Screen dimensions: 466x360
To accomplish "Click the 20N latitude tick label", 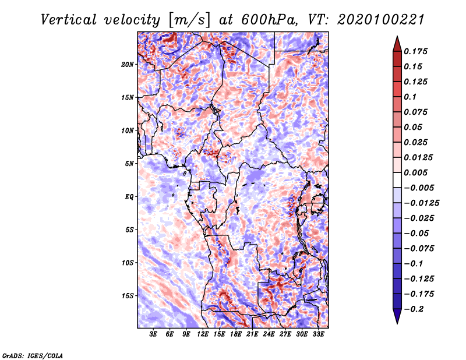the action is pos(128,65).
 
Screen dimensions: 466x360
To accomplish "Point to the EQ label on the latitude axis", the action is pos(129,197).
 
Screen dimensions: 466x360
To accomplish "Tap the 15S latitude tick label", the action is pos(128,296).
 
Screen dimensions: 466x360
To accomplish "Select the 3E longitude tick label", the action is pos(153,334).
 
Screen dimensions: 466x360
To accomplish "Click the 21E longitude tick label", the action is pos(252,334).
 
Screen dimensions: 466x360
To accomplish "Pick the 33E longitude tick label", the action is pos(318,334).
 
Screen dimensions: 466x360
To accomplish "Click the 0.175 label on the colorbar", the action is pos(415,51).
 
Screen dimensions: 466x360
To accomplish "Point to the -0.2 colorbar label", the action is pos(413,309).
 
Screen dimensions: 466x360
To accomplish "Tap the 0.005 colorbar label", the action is pos(415,172).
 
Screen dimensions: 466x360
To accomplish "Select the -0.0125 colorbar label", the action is pos(421,203).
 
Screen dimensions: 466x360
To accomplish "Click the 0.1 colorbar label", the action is pos(410,97).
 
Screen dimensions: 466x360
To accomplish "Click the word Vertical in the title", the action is pos(69,20).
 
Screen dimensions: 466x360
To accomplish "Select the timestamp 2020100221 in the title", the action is pos(380,20).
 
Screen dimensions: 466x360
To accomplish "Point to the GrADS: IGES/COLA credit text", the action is pos(33,355).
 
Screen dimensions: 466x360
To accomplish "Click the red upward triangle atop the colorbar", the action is pos(397,44).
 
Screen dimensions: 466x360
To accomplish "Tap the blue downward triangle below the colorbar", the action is pos(397,316).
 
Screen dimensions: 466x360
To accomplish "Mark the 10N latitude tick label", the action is pos(128,130).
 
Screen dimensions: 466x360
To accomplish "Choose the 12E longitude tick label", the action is pos(203,334).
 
